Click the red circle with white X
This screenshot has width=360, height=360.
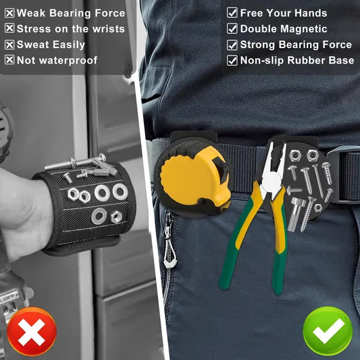pos(29,331)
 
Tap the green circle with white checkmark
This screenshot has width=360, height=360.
pos(327,331)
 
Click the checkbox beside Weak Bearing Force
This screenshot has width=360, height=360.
pos(10,13)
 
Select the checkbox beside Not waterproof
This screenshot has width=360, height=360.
pos(10,60)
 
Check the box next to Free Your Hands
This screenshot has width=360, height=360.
pos(232,13)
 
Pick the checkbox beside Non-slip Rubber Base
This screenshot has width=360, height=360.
pos(232,60)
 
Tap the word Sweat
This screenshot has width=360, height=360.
pos(34,44)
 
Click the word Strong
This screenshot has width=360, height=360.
pos(257,44)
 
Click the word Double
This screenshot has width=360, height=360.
pos(259,28)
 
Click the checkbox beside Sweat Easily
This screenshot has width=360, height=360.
pos(10,44)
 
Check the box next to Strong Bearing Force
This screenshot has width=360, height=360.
pos(232,44)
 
